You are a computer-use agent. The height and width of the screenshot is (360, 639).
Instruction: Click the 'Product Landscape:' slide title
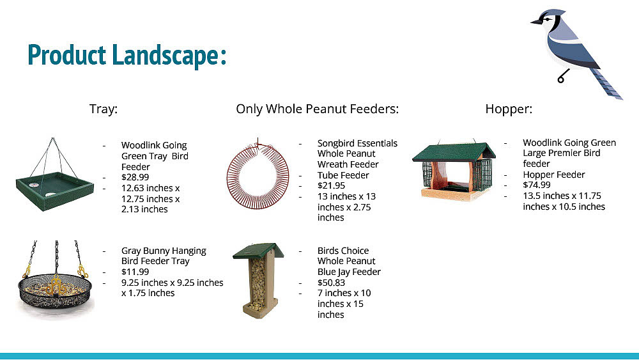coord(127,55)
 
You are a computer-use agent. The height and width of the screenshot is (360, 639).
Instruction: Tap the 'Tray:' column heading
coord(104,109)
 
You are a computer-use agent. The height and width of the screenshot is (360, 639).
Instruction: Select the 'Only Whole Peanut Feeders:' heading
coord(317,109)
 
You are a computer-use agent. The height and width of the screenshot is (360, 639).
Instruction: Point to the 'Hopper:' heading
coord(509,109)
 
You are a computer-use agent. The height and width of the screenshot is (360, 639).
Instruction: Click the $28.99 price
coord(135,177)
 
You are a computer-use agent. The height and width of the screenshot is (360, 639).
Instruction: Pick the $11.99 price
coord(135,272)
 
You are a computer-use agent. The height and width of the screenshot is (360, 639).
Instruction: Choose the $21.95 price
coord(331,185)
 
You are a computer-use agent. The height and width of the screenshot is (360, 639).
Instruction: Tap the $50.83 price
coord(331,283)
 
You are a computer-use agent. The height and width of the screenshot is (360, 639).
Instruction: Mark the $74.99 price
coord(537,185)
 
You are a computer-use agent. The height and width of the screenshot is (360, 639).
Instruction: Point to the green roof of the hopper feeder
coord(454,151)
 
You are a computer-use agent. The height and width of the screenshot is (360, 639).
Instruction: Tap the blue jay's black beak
coord(535,22)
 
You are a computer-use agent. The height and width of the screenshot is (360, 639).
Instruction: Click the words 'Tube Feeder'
coord(343,175)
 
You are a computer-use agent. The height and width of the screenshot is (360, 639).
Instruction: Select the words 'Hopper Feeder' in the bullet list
coord(554,175)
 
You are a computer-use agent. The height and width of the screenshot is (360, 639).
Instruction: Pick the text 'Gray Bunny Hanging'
coord(164,251)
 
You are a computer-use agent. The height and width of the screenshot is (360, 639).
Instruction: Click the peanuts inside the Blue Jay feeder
coord(258,284)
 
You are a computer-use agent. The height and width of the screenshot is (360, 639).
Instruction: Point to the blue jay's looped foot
coord(562,78)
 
